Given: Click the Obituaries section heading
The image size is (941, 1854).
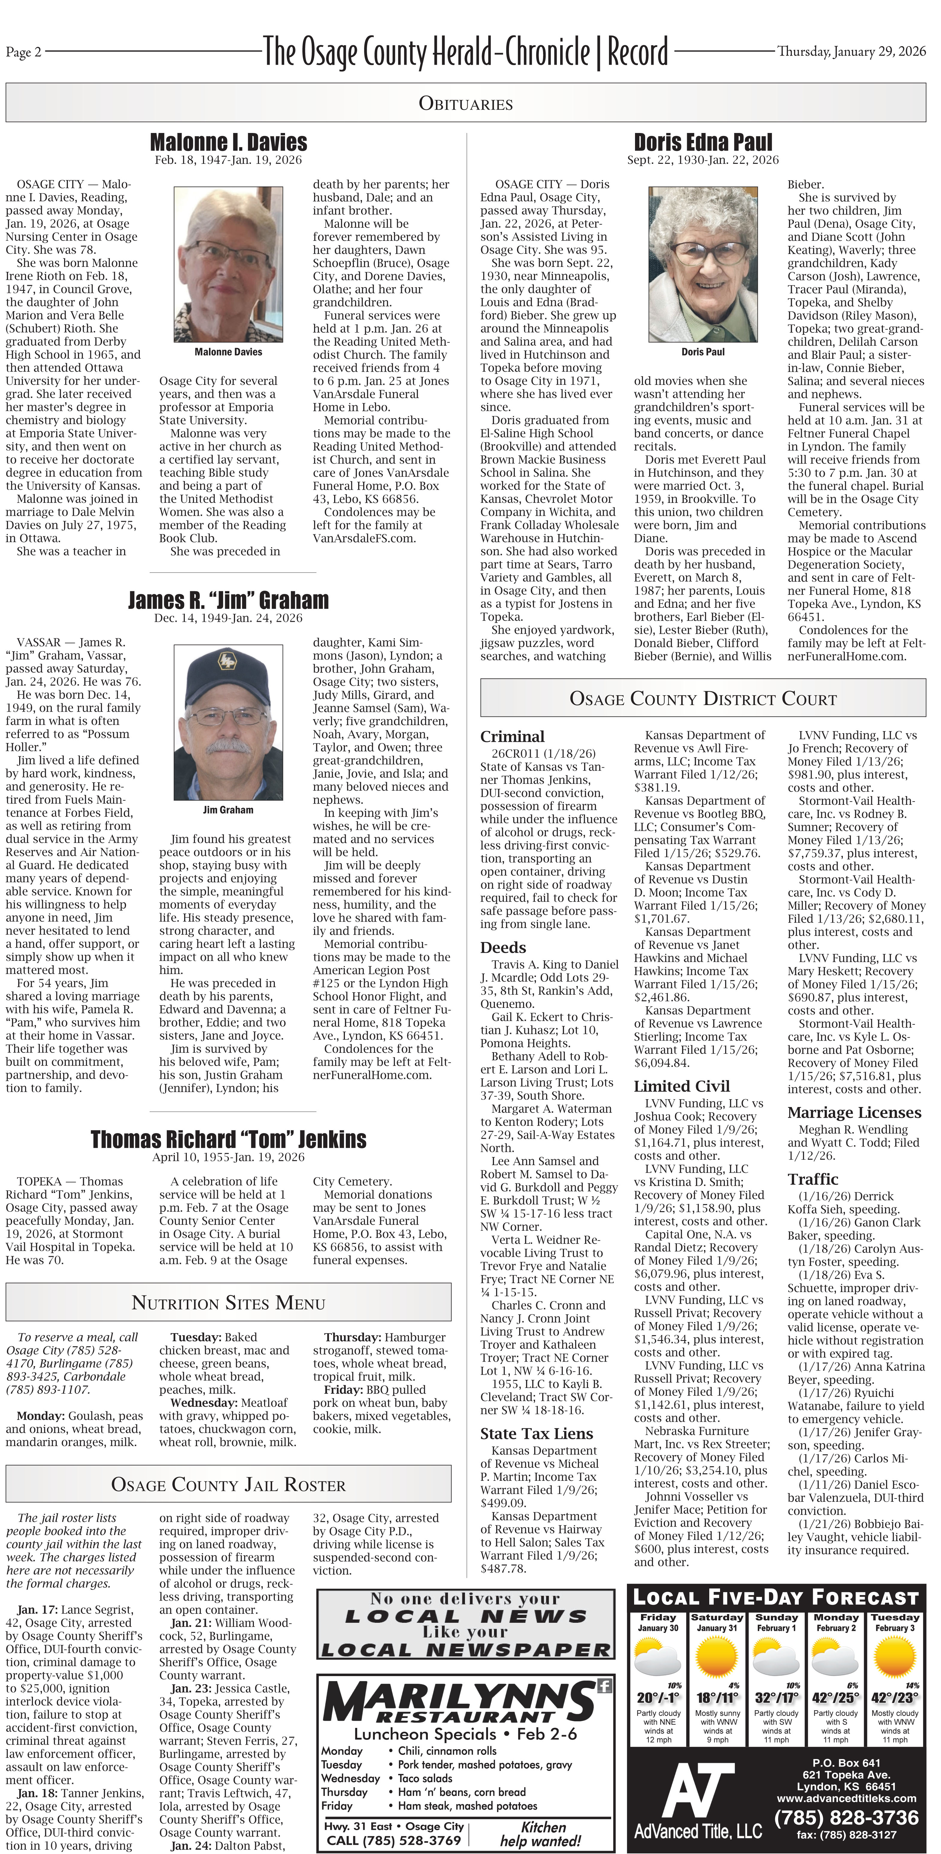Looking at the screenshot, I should pos(466,104).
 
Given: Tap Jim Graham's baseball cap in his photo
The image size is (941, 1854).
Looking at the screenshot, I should pos(227,666).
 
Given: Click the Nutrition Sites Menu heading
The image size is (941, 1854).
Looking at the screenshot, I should pos(228,1303).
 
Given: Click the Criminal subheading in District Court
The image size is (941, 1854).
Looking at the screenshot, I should pos(512,736).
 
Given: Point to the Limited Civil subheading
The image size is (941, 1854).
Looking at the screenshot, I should pos(681,1086).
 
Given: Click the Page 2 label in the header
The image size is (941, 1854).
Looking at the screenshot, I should pos(24,52).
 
